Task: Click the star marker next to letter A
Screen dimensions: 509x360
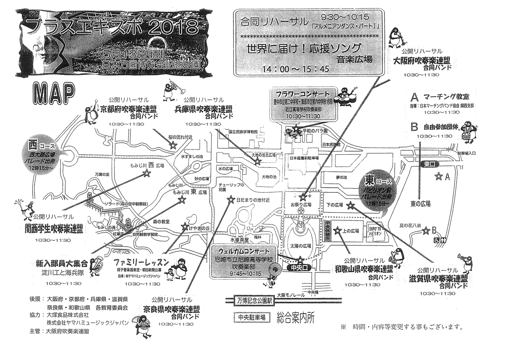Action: [439, 175]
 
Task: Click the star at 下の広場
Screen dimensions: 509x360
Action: [350, 205]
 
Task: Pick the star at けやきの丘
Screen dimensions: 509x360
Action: [185, 227]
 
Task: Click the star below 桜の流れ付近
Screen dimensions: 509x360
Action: [173, 145]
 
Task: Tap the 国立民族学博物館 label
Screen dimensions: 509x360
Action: [243, 131]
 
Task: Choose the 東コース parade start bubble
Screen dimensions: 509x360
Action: [376, 189]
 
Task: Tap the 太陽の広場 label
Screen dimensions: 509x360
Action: [300, 245]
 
